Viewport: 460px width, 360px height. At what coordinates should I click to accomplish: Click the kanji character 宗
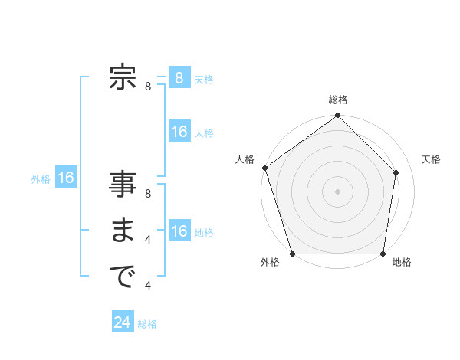coord(123,78)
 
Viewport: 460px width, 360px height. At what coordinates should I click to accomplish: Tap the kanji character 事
coord(123,185)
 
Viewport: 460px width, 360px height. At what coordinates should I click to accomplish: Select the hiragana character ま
coord(123,231)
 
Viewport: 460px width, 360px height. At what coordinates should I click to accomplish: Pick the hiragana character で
coord(123,277)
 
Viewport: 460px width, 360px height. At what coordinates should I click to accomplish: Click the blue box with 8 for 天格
coord(179,78)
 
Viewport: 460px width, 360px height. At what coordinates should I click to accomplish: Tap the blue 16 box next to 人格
coord(179,132)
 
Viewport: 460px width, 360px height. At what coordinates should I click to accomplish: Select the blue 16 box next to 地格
coord(179,231)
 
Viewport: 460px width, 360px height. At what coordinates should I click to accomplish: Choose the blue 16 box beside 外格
coord(66,178)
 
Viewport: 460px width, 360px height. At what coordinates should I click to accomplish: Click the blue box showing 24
coord(123,322)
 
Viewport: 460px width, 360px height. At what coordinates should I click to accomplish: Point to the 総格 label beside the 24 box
coord(148,324)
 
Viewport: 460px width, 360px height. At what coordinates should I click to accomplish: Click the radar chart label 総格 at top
coord(338,100)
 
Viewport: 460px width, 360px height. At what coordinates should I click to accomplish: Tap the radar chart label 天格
coord(432,159)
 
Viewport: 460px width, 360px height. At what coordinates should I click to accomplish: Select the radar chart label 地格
coord(402,262)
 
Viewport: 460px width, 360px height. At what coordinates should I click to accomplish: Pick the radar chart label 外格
coord(269,262)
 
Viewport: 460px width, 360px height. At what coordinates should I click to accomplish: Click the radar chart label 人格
coord(245,159)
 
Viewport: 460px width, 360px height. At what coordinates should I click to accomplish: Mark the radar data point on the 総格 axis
coord(338,116)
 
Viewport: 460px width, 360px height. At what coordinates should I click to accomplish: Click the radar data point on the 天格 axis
coord(396,172)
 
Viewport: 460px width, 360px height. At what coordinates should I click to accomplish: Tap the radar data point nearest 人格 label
coord(265,168)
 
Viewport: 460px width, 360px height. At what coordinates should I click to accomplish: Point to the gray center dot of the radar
coord(338,191)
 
